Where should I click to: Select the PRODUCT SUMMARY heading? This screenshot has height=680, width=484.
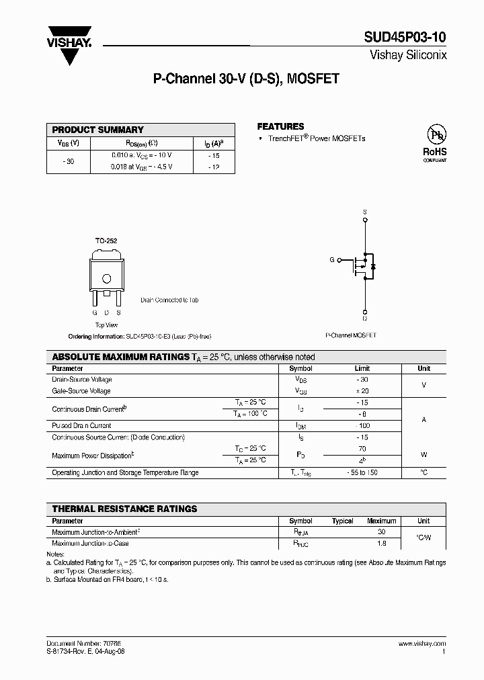pyautogui.click(x=98, y=130)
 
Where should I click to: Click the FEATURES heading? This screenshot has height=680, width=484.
pyautogui.click(x=280, y=126)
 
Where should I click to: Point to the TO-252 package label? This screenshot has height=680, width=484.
pyautogui.click(x=106, y=240)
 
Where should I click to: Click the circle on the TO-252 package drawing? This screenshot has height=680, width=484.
pyautogui.click(x=106, y=279)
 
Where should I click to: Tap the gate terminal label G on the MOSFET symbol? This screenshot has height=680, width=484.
pyautogui.click(x=331, y=259)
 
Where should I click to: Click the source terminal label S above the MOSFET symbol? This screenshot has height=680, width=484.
pyautogui.click(x=365, y=212)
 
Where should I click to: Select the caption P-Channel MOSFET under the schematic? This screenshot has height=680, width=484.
pyautogui.click(x=351, y=335)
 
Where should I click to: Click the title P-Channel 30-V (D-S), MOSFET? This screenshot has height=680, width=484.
pyautogui.click(x=246, y=79)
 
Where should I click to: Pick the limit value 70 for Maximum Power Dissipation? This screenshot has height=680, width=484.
pyautogui.click(x=362, y=448)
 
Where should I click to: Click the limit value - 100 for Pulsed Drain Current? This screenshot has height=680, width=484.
pyautogui.click(x=362, y=425)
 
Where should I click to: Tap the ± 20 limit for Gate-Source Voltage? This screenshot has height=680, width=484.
pyautogui.click(x=362, y=391)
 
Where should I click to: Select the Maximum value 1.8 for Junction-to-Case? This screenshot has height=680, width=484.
pyautogui.click(x=381, y=544)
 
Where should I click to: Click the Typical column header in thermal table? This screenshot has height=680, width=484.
pyautogui.click(x=342, y=521)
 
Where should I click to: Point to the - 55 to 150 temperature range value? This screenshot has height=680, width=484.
pyautogui.click(x=362, y=472)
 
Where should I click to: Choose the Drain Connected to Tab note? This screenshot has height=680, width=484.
pyautogui.click(x=169, y=300)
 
